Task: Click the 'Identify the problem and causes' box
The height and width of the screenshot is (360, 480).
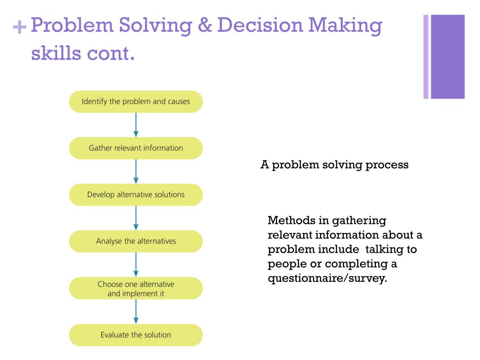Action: click(136, 101)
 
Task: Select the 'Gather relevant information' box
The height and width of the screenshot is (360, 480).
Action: click(136, 148)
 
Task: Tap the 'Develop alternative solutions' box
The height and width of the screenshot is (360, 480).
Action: click(136, 195)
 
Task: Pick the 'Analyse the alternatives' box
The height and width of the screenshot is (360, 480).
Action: click(136, 241)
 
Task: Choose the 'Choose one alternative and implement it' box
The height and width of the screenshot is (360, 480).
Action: click(136, 288)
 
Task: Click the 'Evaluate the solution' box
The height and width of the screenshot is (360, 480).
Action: click(136, 335)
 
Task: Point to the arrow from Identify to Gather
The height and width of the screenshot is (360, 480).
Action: click(136, 125)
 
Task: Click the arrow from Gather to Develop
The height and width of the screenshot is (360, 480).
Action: click(136, 172)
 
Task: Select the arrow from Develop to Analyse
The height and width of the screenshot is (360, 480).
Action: click(136, 218)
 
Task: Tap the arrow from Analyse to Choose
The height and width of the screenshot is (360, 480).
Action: click(136, 265)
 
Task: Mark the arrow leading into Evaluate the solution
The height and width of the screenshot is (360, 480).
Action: click(136, 312)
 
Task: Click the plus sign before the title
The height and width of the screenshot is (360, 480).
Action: click(19, 28)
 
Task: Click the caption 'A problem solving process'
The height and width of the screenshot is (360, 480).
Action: click(334, 165)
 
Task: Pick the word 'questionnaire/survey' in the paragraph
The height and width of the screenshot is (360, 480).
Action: click(328, 278)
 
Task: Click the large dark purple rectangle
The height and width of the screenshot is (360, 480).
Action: click(448, 57)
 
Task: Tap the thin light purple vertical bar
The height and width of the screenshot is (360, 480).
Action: click(426, 57)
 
